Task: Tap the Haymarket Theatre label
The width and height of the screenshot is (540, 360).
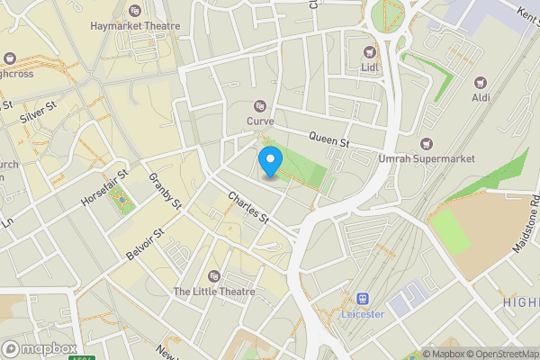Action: pyautogui.click(x=135, y=26)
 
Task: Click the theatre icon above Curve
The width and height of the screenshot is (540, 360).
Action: pyautogui.click(x=260, y=105)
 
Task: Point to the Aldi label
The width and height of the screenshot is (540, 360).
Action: pyautogui.click(x=481, y=96)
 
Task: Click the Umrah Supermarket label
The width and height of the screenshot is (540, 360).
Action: pyautogui.click(x=427, y=159)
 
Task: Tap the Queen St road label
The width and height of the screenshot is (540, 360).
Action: pyautogui.click(x=328, y=139)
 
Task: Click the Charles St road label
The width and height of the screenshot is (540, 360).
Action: pyautogui.click(x=248, y=207)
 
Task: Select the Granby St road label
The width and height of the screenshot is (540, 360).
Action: pyautogui.click(x=166, y=190)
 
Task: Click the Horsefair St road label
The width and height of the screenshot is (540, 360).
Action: pyautogui.click(x=104, y=184)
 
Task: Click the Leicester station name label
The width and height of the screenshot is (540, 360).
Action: pyautogui.click(x=364, y=314)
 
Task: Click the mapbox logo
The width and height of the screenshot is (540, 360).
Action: pyautogui.click(x=40, y=348)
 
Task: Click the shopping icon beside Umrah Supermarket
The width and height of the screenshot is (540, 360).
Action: pyautogui.click(x=427, y=143)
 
